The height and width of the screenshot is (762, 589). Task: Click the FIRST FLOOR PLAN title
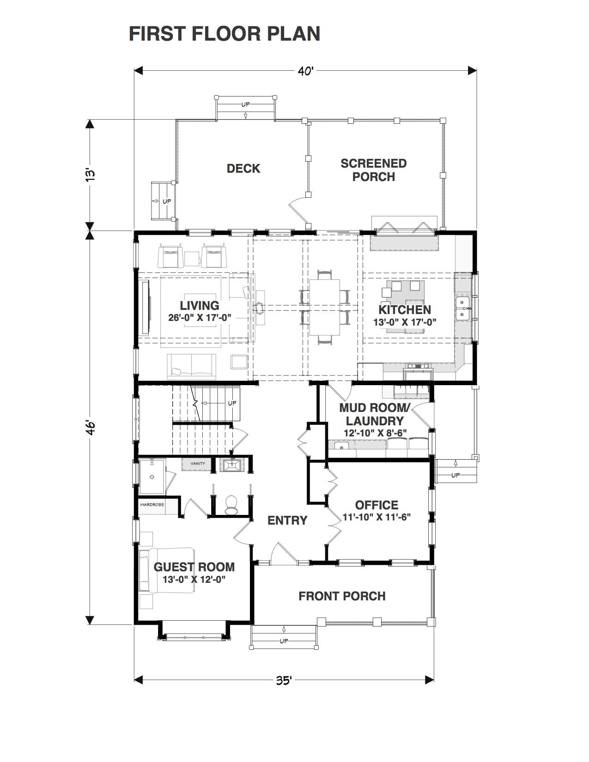tap(225, 34)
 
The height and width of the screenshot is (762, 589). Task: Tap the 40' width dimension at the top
tap(305, 71)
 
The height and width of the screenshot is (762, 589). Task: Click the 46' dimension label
tap(90, 428)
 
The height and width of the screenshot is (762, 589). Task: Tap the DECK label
tap(243, 169)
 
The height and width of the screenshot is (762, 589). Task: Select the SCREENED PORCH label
tap(374, 170)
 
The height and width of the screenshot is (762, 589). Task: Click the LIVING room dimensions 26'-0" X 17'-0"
tap(200, 318)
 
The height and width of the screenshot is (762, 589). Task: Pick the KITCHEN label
tap(405, 310)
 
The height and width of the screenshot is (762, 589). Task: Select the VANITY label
tap(198, 464)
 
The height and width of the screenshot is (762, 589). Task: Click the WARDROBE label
tap(152, 505)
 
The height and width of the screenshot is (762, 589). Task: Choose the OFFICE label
tap(376, 505)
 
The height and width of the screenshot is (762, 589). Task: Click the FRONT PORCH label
tap(342, 596)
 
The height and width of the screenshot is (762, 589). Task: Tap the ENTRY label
tap(287, 520)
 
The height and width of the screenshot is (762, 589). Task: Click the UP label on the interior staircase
tap(232, 403)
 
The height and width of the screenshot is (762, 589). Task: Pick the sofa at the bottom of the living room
tap(192, 366)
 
